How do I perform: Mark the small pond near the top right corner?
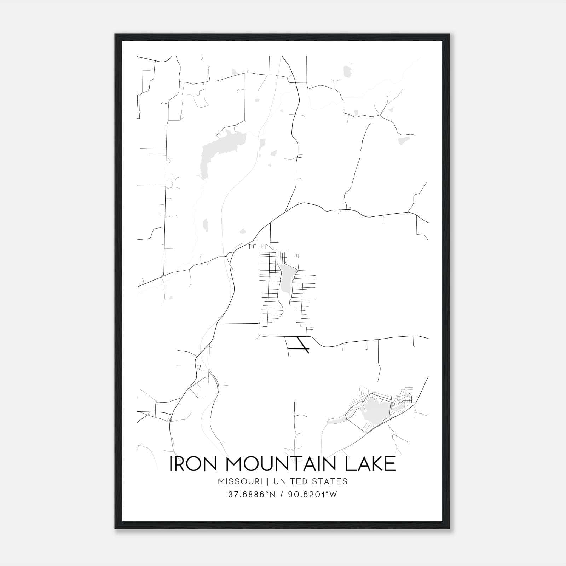[348, 71]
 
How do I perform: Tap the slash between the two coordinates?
[282, 495]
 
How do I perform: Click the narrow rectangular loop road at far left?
[138, 106]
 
